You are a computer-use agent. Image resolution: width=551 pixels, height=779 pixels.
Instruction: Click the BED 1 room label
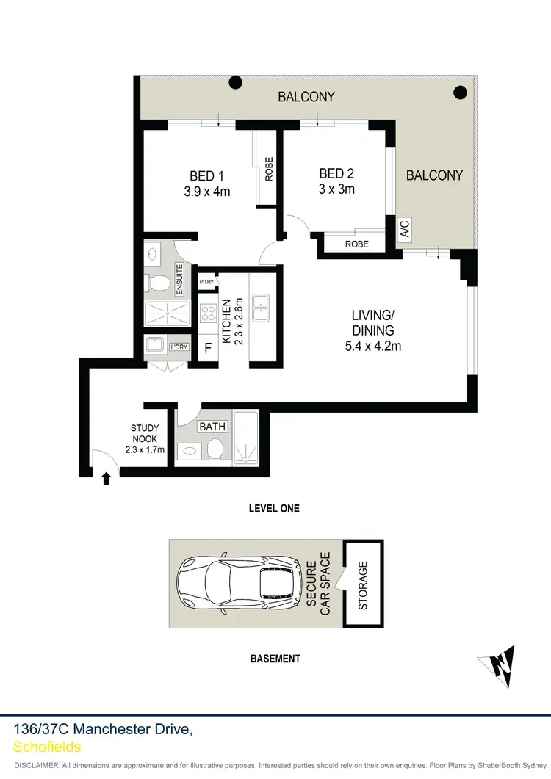tap(206, 176)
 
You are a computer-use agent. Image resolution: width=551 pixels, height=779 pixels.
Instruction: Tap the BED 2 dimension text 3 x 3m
tap(336, 189)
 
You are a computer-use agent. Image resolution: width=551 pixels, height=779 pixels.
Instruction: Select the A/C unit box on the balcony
tap(404, 228)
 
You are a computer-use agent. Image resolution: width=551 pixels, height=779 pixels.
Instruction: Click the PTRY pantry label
tap(206, 282)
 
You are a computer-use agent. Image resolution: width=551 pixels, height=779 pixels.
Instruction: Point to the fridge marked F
tap(208, 349)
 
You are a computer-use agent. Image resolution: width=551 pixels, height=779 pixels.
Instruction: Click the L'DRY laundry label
tap(178, 347)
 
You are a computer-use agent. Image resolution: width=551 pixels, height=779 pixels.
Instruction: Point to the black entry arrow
tap(106, 479)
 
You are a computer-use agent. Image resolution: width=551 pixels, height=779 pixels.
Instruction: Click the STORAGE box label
tap(363, 585)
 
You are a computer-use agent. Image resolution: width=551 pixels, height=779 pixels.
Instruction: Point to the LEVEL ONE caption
tap(274, 508)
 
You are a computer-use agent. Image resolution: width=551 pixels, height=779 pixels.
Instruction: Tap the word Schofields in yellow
tap(47, 747)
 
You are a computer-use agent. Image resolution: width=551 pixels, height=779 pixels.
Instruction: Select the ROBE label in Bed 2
tap(357, 244)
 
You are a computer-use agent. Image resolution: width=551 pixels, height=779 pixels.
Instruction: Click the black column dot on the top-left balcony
tap(235, 83)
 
